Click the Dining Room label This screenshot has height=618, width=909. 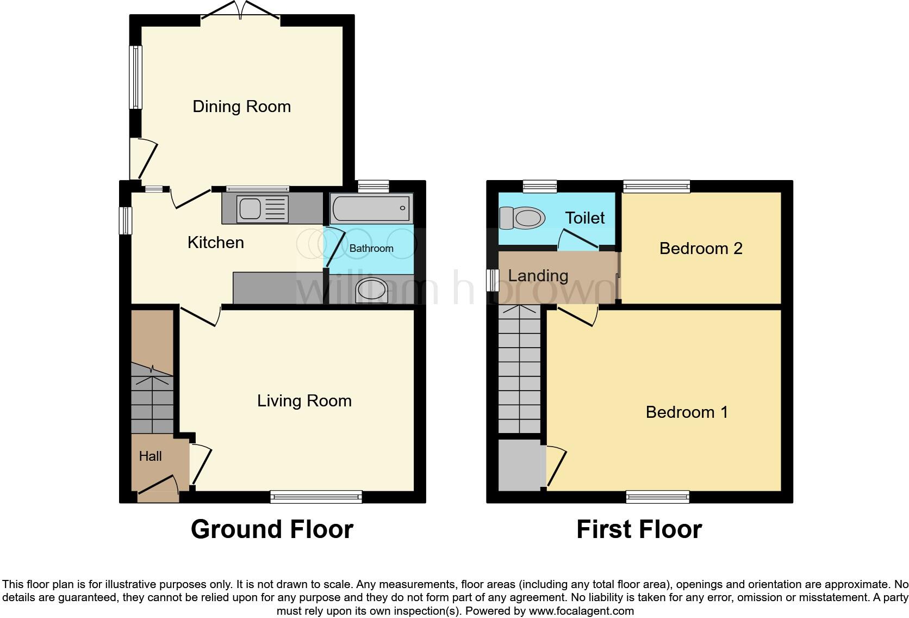241,107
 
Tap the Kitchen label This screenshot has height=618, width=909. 215,243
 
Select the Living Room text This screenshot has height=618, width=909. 304,401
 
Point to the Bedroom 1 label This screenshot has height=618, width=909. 687,412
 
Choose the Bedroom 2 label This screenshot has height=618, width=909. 701,249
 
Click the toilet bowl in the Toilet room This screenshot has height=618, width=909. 522,218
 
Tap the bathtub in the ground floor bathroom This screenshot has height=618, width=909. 371,208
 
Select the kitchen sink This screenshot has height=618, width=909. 262,209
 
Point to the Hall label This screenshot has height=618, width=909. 150,456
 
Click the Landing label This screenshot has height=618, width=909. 538,276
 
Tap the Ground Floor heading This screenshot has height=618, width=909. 272,529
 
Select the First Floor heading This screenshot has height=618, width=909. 639,529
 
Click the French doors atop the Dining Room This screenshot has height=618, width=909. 240,11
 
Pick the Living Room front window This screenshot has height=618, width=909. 316,497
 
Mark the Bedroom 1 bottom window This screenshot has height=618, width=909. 657,497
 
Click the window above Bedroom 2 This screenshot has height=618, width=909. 657,187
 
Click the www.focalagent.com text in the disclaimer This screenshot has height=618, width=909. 581,611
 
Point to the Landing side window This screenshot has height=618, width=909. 492,280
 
